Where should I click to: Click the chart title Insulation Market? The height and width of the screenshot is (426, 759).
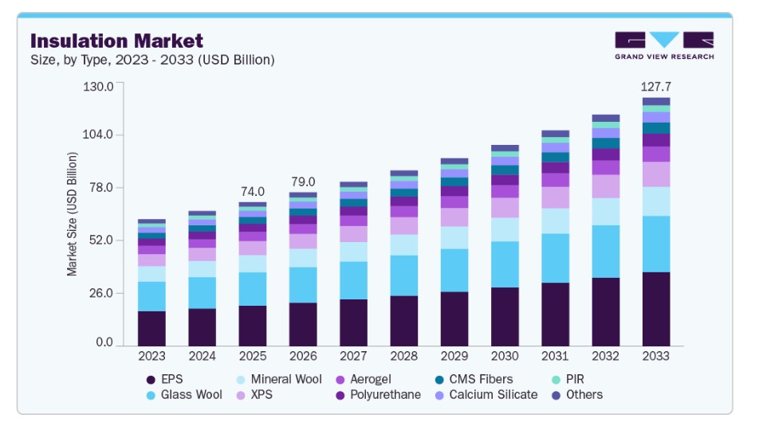click(x=116, y=41)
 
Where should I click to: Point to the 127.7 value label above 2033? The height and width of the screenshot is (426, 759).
click(x=656, y=87)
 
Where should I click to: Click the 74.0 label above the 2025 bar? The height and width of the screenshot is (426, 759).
click(x=253, y=191)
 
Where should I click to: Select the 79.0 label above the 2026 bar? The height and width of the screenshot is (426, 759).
click(x=303, y=182)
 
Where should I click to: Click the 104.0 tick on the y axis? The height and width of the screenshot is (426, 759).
click(x=98, y=135)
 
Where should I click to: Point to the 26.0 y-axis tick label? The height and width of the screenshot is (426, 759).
click(x=101, y=293)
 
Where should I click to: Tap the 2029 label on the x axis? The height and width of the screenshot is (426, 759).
click(x=454, y=357)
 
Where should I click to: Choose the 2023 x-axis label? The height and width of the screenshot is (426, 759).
click(x=151, y=357)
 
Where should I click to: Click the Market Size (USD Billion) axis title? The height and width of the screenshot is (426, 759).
click(x=72, y=214)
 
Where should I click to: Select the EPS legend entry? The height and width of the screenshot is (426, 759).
click(x=164, y=380)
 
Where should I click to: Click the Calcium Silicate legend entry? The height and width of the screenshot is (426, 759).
click(x=486, y=395)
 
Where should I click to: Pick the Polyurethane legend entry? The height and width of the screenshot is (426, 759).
click(x=378, y=395)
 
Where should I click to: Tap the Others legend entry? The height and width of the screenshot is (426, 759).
click(x=577, y=395)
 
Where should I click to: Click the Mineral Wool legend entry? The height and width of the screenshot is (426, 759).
click(x=279, y=380)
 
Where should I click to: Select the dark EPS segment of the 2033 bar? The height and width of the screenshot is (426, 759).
click(x=656, y=309)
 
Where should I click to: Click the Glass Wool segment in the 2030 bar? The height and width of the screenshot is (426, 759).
click(x=505, y=264)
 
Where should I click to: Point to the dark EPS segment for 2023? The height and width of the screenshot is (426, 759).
click(x=151, y=329)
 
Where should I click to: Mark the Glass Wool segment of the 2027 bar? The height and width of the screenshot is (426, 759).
click(x=353, y=280)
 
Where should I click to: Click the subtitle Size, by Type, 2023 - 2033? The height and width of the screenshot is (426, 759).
click(x=152, y=60)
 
